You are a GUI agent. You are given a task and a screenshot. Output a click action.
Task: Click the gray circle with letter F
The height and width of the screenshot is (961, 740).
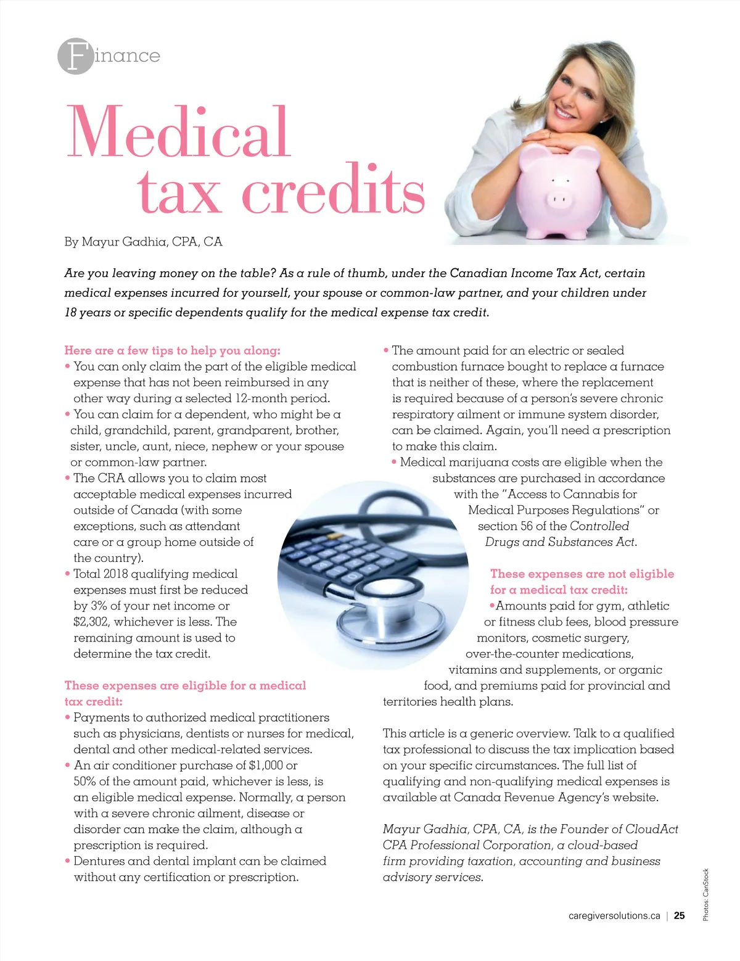coord(75,56)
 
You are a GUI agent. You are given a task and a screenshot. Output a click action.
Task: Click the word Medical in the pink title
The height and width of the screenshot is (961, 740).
coord(179,133)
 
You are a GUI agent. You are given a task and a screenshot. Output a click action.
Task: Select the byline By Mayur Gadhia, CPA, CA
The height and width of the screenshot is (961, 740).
coord(143,242)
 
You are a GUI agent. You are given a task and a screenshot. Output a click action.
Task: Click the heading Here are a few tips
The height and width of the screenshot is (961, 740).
coord(172,350)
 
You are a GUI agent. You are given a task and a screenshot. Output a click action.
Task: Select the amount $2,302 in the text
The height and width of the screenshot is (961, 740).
coord(91,622)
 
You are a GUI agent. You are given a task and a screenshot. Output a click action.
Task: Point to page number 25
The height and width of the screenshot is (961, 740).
coord(679,916)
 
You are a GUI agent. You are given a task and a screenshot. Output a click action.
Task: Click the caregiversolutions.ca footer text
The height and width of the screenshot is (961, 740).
coord(614,916)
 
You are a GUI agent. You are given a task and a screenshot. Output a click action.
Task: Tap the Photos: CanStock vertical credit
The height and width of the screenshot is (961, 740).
coord(706,894)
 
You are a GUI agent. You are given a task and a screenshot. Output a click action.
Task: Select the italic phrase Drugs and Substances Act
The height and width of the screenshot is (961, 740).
coord(561,542)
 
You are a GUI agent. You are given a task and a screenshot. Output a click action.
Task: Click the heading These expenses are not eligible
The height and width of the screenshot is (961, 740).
coord(582,574)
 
